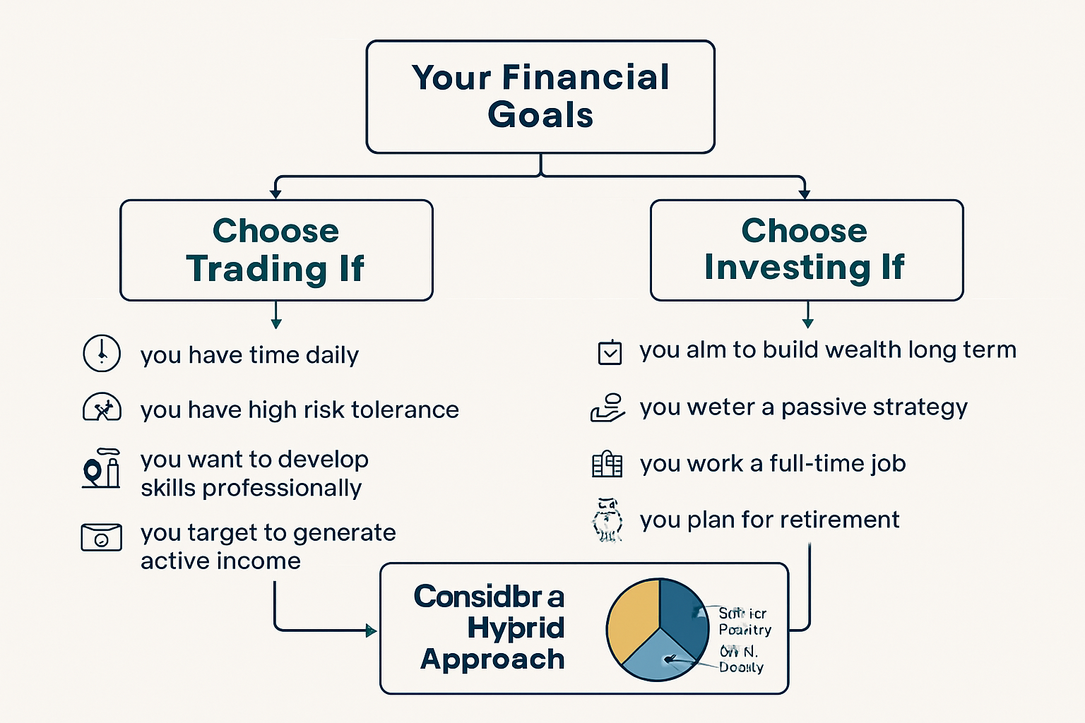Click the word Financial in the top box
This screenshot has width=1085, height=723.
(x=586, y=77)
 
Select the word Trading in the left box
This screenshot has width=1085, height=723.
(x=256, y=269)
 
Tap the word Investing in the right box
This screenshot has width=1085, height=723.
(x=787, y=268)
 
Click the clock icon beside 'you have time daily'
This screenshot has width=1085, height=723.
(x=102, y=353)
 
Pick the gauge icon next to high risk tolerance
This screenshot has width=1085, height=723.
(x=102, y=408)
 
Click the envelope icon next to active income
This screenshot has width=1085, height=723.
(x=101, y=537)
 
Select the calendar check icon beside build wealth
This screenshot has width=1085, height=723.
(x=610, y=352)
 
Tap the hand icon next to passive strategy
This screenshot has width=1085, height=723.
(x=607, y=408)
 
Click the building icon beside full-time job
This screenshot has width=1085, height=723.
(x=607, y=465)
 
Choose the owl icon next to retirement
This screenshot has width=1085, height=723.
(x=607, y=520)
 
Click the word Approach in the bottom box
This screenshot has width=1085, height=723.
(x=492, y=659)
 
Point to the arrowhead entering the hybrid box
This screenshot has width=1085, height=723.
(x=371, y=631)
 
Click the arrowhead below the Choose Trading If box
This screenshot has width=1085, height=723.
(x=276, y=323)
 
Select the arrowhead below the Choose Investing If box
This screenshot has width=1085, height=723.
(x=807, y=323)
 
